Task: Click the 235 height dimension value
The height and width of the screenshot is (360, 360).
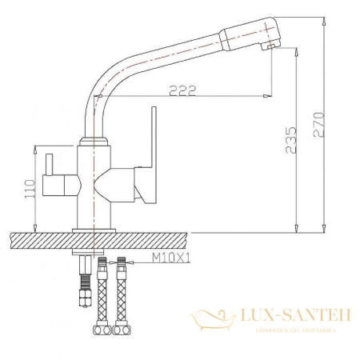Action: coord(290,138)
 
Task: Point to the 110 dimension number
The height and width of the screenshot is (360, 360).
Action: coord(30,188)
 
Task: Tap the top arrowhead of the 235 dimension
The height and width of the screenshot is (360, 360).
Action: coord(297,50)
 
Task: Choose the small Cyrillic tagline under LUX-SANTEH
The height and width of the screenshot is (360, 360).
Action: coord(295,330)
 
